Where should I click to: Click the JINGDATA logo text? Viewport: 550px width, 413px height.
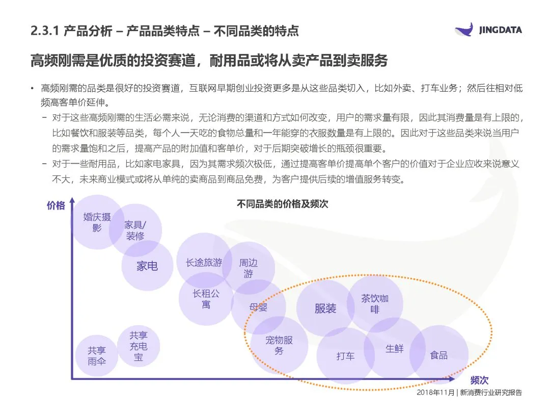tap(500, 30)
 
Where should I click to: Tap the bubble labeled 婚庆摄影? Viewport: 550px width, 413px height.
tap(97, 223)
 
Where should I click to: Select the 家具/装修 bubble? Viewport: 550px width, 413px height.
tap(135, 230)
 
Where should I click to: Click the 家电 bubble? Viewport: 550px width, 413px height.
tap(147, 266)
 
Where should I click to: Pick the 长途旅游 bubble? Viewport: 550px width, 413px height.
tap(204, 263)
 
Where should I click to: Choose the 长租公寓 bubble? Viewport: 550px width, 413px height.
tap(206, 299)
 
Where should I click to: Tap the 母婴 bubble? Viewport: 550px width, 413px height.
tap(258, 307)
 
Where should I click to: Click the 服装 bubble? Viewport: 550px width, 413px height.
tap(325, 308)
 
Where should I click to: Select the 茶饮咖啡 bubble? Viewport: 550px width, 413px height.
tap(375, 303)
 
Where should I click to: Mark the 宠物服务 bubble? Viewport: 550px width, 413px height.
tap(279, 345)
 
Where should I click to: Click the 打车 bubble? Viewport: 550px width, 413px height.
tap(345, 356)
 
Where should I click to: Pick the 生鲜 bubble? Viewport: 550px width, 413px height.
tap(395, 349)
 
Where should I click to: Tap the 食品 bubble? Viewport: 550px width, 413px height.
tap(438, 355)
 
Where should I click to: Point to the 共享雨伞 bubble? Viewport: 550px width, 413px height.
tap(96, 356)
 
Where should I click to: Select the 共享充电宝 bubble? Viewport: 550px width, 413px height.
tap(139, 346)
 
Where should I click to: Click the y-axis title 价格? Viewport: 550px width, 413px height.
tap(56, 205)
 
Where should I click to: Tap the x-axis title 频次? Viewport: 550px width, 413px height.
tap(479, 380)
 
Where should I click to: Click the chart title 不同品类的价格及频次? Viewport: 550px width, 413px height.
tap(283, 204)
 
